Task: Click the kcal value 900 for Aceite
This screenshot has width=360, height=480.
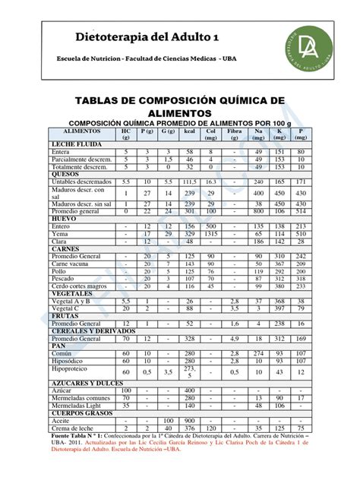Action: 190,420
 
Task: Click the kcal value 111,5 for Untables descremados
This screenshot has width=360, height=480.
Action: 190,182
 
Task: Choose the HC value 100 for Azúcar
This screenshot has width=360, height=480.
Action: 126,390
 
